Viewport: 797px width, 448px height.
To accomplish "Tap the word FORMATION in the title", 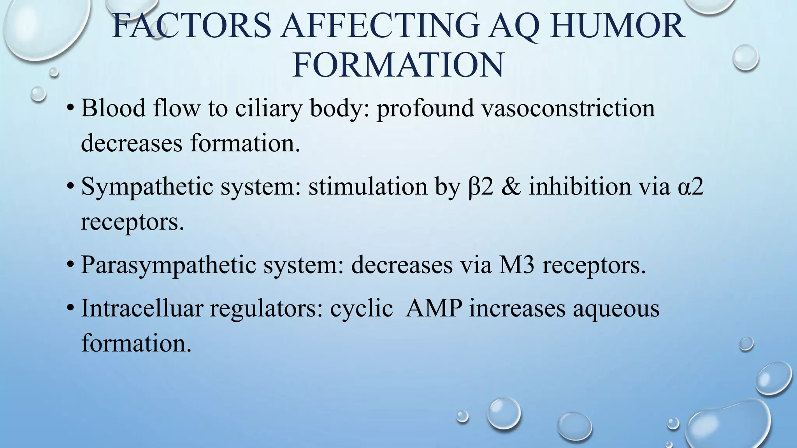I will (x=398, y=65).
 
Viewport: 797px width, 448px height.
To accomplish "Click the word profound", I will (x=425, y=108).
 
